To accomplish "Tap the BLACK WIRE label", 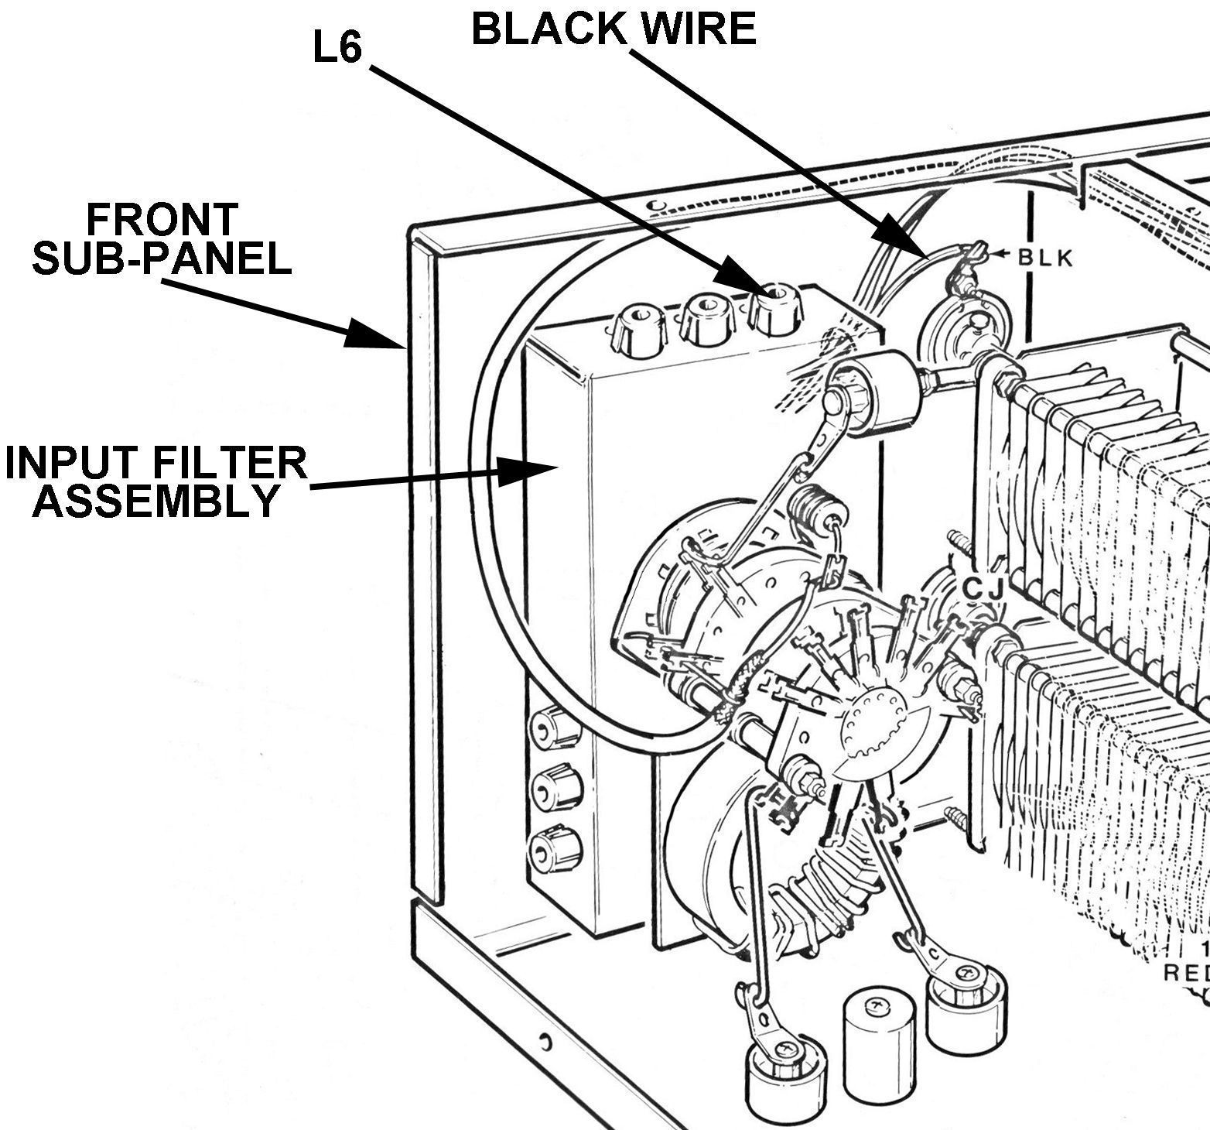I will (x=613, y=29).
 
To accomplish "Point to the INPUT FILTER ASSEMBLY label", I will (x=156, y=481).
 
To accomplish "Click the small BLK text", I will (x=1045, y=259).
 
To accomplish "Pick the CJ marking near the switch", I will (x=982, y=590).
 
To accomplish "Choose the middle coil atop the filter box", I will (x=705, y=320).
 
